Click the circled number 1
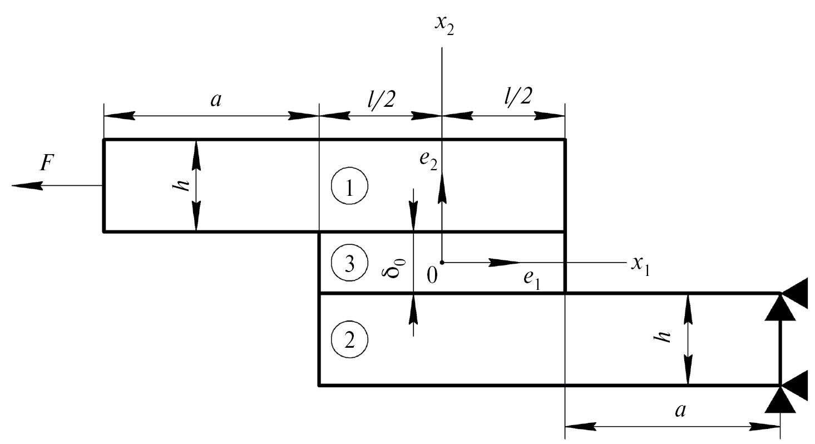(x=349, y=188)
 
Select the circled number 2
(x=349, y=340)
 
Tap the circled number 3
(x=349, y=263)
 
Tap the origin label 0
(x=432, y=275)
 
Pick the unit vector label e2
(x=429, y=160)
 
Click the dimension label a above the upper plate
(x=216, y=100)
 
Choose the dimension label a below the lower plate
(x=680, y=411)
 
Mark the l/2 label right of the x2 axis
(x=517, y=97)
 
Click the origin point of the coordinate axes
(x=442, y=262)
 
